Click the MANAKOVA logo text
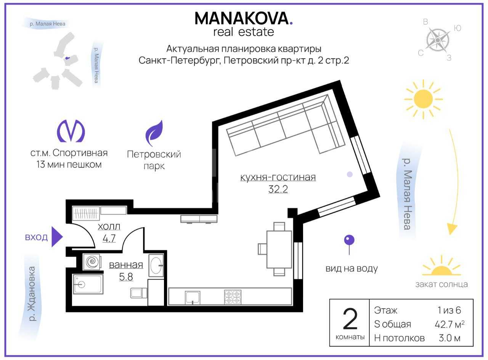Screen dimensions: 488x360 (244, 18)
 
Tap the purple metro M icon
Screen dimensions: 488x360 (71, 131)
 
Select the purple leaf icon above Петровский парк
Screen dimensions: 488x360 (154, 133)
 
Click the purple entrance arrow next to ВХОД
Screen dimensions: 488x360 (57, 237)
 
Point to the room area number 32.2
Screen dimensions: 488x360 (278, 189)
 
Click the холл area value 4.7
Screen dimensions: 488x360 (109, 238)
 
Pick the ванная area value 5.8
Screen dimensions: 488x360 (126, 277)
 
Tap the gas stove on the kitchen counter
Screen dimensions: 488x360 (233, 297)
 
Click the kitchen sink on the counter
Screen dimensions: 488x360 (193, 298)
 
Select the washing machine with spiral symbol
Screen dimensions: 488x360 (92, 262)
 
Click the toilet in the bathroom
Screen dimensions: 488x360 (139, 293)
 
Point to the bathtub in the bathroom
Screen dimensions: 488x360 (88, 284)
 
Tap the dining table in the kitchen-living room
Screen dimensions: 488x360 (279, 250)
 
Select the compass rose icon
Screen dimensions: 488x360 (438, 40)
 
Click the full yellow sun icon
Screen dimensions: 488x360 (423, 99)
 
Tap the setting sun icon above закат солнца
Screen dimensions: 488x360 (441, 267)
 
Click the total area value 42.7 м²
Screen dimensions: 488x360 (449, 324)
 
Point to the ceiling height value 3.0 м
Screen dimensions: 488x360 (449, 338)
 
